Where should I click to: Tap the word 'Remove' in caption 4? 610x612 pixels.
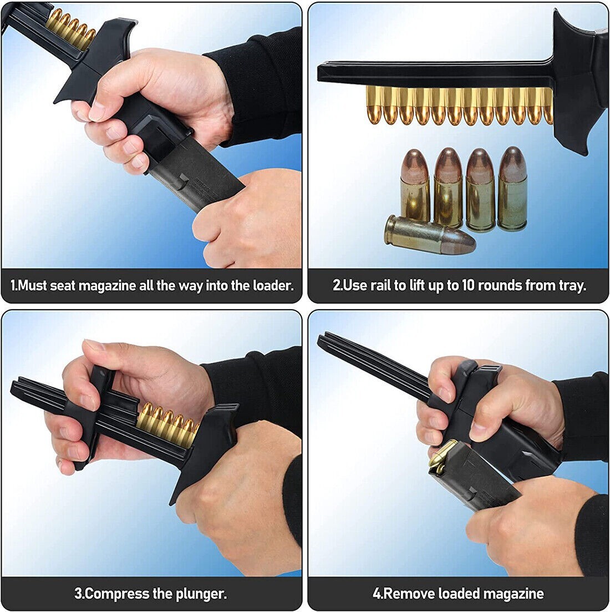(409, 594)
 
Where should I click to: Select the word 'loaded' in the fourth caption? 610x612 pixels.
(460, 594)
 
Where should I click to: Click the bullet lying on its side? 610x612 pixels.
(430, 234)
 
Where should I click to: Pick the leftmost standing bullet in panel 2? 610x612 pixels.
(415, 185)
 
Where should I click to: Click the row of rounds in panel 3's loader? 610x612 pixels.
(166, 423)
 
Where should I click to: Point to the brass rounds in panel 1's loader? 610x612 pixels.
(69, 28)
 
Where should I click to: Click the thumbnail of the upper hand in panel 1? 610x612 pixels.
(96, 111)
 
